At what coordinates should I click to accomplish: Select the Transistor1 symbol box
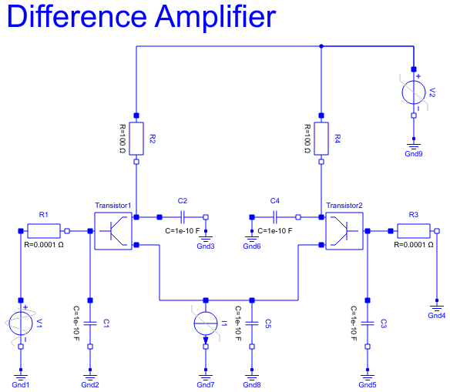click(x=113, y=230)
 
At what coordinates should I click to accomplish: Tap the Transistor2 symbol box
click(x=344, y=230)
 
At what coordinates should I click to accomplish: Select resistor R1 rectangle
click(x=44, y=230)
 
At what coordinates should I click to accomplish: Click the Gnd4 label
click(x=437, y=315)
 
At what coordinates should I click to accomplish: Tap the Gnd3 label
click(x=206, y=246)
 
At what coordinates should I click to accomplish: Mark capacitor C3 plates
click(x=368, y=323)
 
